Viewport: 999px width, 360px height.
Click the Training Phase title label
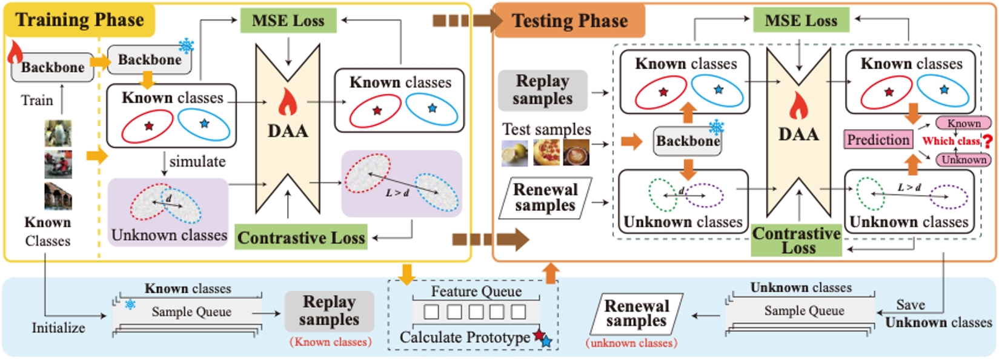[x=80, y=20]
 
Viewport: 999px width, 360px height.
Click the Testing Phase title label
[x=570, y=21]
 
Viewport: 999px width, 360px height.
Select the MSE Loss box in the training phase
[x=288, y=21]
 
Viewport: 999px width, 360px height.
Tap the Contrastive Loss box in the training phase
[x=301, y=238]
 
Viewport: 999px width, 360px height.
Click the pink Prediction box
[x=878, y=140]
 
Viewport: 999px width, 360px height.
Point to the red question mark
[x=988, y=142]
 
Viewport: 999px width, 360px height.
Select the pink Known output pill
[x=963, y=124]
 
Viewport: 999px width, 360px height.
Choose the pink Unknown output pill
[x=963, y=160]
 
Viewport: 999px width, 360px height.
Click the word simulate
[x=197, y=162]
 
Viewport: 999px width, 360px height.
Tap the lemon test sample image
[x=515, y=153]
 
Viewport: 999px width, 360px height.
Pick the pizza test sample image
[x=546, y=153]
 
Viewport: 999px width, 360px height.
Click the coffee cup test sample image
[x=576, y=153]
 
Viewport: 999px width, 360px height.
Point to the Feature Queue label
[x=476, y=292]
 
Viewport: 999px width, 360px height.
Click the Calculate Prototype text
[x=465, y=338]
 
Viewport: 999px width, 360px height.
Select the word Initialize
[x=58, y=328]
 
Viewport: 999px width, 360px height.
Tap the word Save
[x=910, y=305]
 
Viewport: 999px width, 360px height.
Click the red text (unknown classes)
[x=631, y=343]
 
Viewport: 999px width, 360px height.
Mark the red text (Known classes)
[x=330, y=342]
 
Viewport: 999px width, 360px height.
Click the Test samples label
[x=546, y=130]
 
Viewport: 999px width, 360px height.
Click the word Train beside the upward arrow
[x=37, y=101]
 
